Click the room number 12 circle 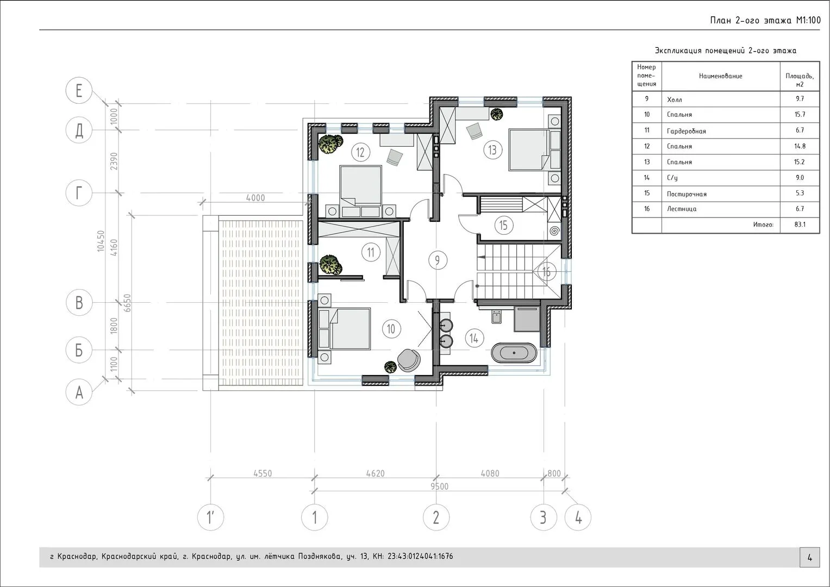tap(360, 152)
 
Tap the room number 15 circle tap(503, 225)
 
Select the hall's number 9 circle tap(438, 260)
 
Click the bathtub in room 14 tap(514, 353)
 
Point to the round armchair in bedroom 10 tap(409, 359)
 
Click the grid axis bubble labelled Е tap(79, 90)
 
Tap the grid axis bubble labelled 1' tap(210, 517)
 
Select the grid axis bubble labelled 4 tap(578, 517)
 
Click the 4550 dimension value tap(263, 473)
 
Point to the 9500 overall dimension tap(439, 486)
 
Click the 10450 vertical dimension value tap(101, 241)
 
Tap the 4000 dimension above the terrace tap(255, 198)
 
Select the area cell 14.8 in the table tap(800, 146)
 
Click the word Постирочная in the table tap(687, 194)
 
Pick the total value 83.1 tap(800, 224)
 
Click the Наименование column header tap(721, 76)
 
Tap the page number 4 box tap(810, 557)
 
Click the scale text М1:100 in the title tap(808, 21)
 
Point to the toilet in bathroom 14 tap(496, 316)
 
